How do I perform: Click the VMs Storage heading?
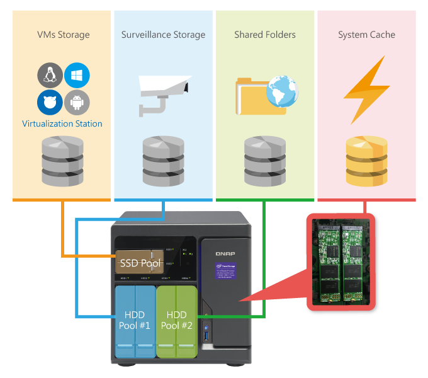[x=63, y=35]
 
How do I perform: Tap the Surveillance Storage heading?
[x=164, y=35]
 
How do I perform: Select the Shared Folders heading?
[x=265, y=35]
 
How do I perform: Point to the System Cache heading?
[x=366, y=35]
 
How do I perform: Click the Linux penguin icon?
[x=50, y=76]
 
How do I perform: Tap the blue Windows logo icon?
[x=77, y=75]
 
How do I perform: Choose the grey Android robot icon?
[x=77, y=101]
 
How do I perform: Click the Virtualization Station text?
[x=62, y=123]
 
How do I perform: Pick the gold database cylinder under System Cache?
[x=366, y=160]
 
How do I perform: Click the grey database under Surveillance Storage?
[x=164, y=160]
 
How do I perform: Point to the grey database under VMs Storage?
[x=62, y=160]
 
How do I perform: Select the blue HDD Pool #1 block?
[x=135, y=320]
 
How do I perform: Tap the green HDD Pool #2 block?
[x=177, y=320]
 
